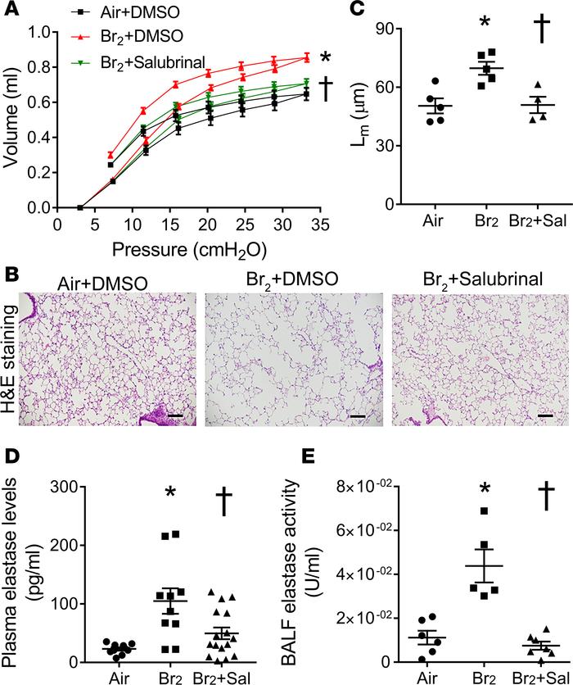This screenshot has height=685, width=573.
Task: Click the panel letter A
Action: tap(11, 11)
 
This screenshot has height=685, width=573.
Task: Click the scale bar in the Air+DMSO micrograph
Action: tap(175, 418)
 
